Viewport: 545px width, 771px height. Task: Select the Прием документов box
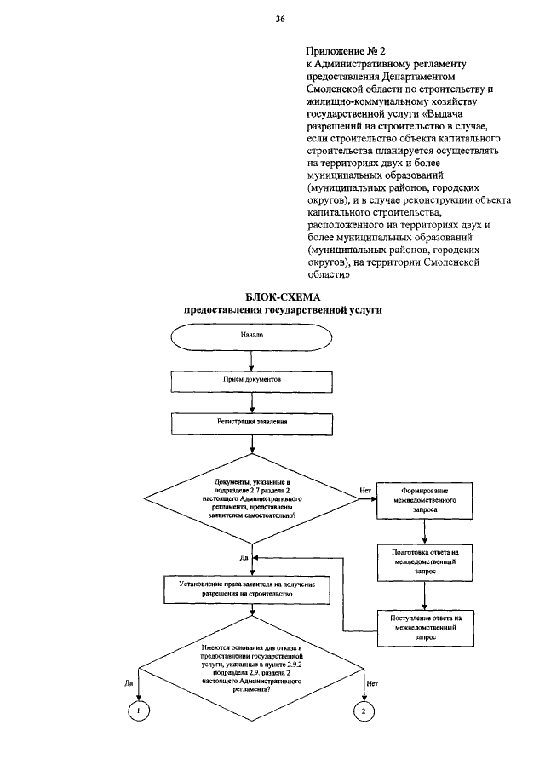[x=253, y=379]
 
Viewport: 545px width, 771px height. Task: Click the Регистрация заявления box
[x=253, y=422]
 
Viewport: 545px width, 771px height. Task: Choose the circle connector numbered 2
[x=364, y=711]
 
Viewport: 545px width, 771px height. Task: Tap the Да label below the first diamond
[x=244, y=557]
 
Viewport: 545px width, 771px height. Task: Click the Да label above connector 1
[x=129, y=682]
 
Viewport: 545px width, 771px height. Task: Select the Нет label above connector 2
[x=372, y=682]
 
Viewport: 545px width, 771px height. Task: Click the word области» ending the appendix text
[x=327, y=275]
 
